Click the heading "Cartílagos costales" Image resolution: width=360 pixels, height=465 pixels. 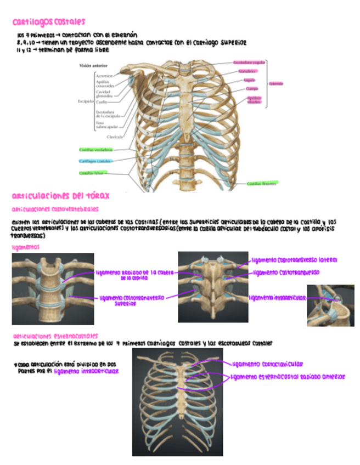point(49,22)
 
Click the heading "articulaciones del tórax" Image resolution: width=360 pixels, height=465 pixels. point(60,196)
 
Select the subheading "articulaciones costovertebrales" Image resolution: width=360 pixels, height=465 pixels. point(55,209)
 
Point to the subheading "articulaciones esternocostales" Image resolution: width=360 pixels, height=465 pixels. point(55,335)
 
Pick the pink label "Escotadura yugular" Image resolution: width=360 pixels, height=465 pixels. point(249,63)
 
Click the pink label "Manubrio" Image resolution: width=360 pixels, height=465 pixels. point(246,71)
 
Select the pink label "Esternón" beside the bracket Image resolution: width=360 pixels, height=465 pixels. point(276,84)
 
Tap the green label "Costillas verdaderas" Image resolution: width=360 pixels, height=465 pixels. point(95,149)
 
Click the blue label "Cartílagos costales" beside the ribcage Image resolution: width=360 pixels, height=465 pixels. point(95,161)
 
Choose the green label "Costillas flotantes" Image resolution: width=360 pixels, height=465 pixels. point(262,184)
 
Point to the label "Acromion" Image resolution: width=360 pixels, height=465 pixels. point(104,75)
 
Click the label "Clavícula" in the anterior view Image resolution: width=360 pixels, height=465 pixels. point(115,136)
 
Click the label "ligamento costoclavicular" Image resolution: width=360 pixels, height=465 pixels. point(267,364)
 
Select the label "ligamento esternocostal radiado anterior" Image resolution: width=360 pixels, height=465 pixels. point(288,377)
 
